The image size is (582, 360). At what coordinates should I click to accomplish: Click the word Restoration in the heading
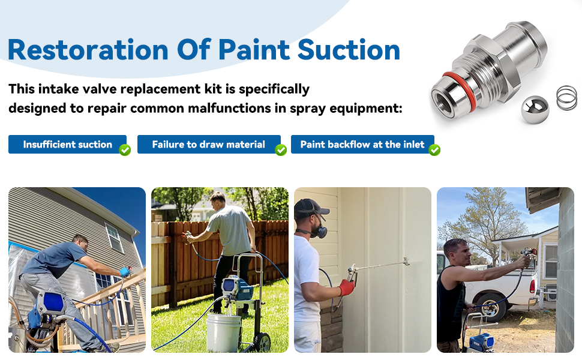(x=88, y=50)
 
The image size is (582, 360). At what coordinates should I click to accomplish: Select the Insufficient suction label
(x=68, y=145)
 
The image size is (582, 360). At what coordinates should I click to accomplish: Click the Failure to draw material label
(x=209, y=145)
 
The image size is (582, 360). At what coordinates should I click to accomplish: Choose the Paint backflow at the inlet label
(x=362, y=145)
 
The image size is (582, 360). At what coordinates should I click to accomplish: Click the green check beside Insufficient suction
(x=125, y=150)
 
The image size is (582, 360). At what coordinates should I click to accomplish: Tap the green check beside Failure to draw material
(x=281, y=150)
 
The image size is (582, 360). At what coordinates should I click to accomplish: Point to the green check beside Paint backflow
(x=434, y=150)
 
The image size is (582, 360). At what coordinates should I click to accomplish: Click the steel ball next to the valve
(x=535, y=109)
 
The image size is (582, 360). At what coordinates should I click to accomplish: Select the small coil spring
(x=567, y=98)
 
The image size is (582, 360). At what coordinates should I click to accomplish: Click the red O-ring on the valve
(x=460, y=91)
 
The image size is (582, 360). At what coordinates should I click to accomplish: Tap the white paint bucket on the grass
(x=223, y=333)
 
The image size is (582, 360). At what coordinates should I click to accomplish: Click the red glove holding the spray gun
(x=347, y=287)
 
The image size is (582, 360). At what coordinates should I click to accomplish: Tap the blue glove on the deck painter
(x=125, y=272)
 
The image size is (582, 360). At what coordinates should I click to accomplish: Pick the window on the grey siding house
(x=114, y=238)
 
